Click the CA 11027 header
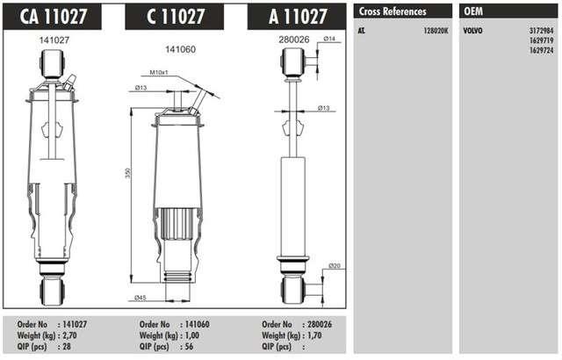53,17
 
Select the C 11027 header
175,17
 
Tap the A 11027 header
297,17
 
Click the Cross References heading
393,11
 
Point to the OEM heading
473,11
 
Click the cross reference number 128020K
436,31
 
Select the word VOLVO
472,31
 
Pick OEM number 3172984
542,31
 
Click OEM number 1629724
542,51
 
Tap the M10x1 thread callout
159,73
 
